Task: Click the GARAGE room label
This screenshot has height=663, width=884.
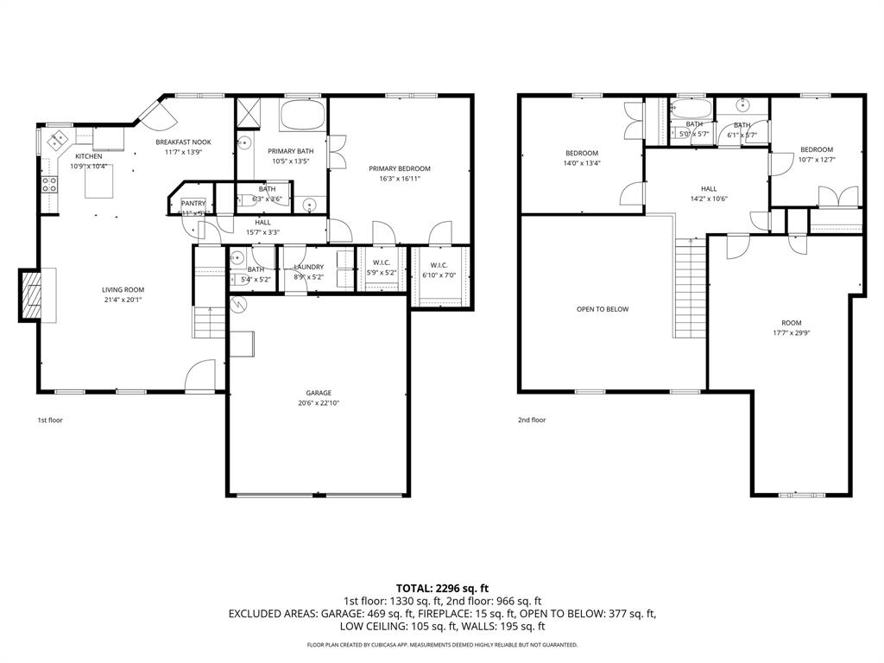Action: pyautogui.click(x=318, y=393)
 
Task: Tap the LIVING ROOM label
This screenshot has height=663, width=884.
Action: pyautogui.click(x=123, y=290)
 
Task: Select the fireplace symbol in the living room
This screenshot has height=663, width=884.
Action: pyautogui.click(x=32, y=295)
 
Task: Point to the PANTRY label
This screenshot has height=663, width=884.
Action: pyautogui.click(x=193, y=204)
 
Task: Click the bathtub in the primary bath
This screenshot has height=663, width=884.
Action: pyautogui.click(x=302, y=116)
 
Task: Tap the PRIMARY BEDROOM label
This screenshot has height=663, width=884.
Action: pyautogui.click(x=399, y=168)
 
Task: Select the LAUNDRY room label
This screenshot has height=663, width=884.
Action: pyautogui.click(x=308, y=268)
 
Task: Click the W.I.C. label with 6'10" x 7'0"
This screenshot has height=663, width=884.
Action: pyautogui.click(x=439, y=265)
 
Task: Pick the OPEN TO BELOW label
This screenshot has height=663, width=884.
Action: pyautogui.click(x=603, y=309)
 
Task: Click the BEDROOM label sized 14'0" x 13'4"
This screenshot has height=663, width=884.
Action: pyautogui.click(x=581, y=154)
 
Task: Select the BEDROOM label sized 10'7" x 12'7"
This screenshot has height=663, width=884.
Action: pyautogui.click(x=816, y=149)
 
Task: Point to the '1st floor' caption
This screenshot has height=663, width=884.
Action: pyautogui.click(x=49, y=420)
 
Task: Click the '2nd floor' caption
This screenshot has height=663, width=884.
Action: pyautogui.click(x=532, y=420)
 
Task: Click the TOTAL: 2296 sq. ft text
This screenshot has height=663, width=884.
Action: pyautogui.click(x=442, y=588)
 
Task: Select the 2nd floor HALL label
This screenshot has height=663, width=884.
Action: pyautogui.click(x=708, y=189)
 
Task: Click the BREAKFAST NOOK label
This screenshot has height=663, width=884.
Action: pyautogui.click(x=183, y=142)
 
